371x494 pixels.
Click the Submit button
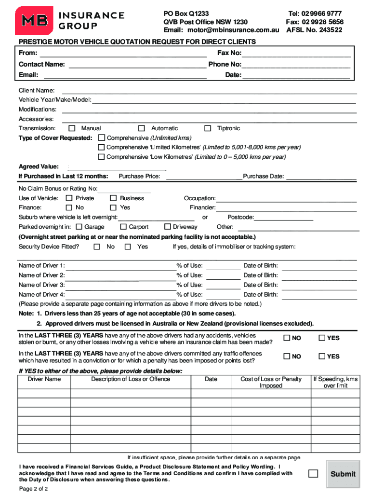click(343, 474)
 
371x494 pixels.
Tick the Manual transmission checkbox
click(72, 128)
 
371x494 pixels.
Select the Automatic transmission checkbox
click(142, 128)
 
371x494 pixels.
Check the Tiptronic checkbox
click(208, 128)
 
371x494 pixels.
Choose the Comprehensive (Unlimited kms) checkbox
click(101, 138)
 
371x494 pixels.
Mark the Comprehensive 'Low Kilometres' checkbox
click(101, 157)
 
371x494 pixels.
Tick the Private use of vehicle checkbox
click(69, 198)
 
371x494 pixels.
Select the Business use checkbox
click(113, 198)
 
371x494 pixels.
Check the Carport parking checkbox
click(123, 227)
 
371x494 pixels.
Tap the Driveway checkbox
click(168, 227)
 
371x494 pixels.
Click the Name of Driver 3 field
click(121, 285)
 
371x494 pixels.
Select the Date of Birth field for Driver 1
click(319, 266)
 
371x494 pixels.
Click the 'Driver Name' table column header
click(44, 379)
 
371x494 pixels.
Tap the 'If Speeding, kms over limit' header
click(335, 383)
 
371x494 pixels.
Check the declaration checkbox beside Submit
click(313, 473)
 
